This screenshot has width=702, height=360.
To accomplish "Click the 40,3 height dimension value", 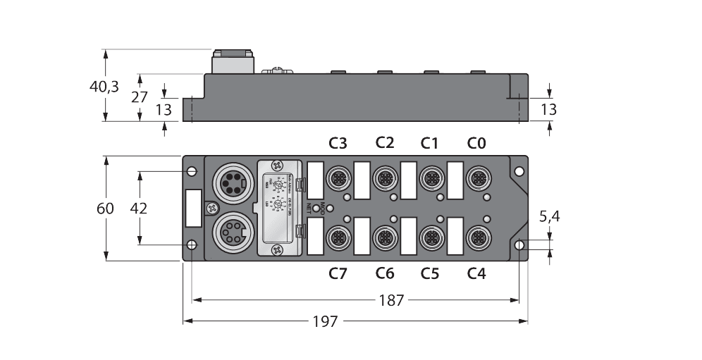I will tap(104, 87).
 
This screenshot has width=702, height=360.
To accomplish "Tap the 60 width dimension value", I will tap(105, 209).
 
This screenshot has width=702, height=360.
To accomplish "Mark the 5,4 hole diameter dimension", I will tap(550, 217).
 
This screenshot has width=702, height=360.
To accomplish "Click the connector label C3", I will tap(338, 144).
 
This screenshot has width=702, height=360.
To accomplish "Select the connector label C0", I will tap(477, 144).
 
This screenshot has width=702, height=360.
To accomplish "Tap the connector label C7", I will tap(338, 273).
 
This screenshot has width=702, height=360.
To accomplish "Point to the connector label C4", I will tap(477, 273).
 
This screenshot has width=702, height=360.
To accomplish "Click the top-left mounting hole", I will tap(191, 170).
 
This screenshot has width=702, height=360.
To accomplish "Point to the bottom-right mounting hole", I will tap(519, 245).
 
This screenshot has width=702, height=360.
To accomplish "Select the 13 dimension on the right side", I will tap(549, 109).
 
